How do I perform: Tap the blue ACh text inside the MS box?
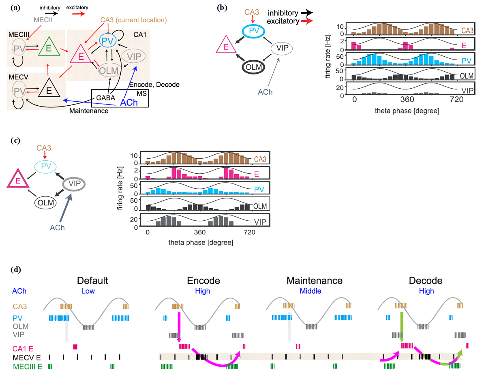coord(129,103)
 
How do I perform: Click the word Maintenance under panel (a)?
coord(88,111)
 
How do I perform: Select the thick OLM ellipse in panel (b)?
coord(254,66)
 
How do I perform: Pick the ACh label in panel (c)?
coord(57,228)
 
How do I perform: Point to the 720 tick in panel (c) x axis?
coord(249,233)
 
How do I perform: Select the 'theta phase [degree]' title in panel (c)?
coord(201,243)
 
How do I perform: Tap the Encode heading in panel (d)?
coord(203,281)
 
